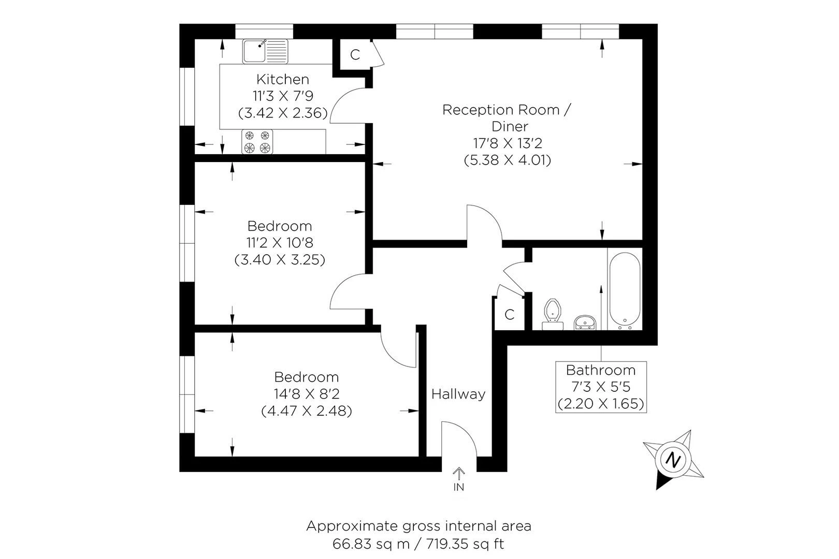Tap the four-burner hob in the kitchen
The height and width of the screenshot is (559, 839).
pos(257,142)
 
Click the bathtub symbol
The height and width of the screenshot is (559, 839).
pos(625,290)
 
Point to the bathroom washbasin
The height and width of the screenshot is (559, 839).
pos(586,322)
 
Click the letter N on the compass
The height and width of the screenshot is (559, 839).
pos(673,460)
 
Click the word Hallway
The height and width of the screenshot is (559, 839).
pos(458,394)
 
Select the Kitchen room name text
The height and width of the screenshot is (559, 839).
pos(283,79)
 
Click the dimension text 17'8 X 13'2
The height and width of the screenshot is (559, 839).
pos(507,143)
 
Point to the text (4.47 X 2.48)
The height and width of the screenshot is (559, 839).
pos(307,411)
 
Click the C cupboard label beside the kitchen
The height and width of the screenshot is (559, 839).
pos(355,55)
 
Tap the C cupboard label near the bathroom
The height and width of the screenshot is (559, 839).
pos(510,314)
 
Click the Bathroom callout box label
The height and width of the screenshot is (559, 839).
pos(601,370)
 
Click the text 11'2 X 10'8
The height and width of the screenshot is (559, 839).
pos(280,243)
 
